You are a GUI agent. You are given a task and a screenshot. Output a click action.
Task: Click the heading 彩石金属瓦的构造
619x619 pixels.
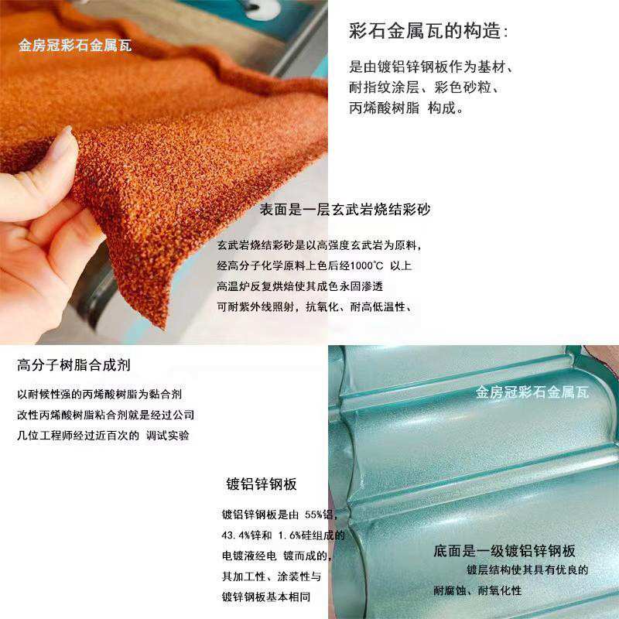point(429,32)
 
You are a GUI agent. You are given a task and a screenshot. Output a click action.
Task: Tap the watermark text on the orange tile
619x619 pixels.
point(75,46)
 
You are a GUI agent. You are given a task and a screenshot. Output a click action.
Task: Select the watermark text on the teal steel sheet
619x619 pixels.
point(539,392)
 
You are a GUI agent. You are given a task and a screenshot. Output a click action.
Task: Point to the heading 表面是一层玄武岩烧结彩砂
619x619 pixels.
point(345,210)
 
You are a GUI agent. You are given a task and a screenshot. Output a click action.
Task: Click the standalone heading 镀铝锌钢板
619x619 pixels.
point(262,484)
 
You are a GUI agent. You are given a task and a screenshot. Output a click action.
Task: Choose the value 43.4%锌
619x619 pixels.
point(246,535)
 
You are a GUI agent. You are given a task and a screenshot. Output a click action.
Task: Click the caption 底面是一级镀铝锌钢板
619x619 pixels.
point(504,551)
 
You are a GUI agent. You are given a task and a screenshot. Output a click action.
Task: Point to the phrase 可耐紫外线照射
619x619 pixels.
point(258,306)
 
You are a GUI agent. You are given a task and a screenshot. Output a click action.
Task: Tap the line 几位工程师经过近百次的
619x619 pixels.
point(77,435)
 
